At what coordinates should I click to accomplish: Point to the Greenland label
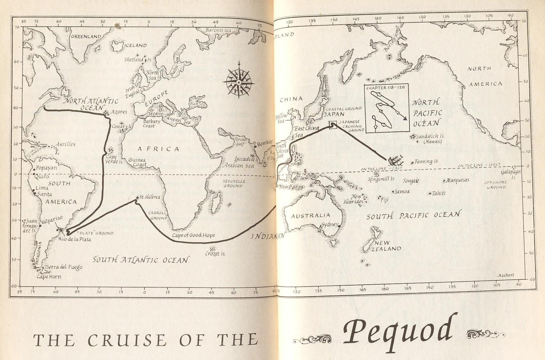[86, 36]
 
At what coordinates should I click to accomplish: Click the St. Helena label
[150, 197]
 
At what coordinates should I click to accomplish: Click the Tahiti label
[438, 193]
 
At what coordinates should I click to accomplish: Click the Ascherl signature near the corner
[505, 275]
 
